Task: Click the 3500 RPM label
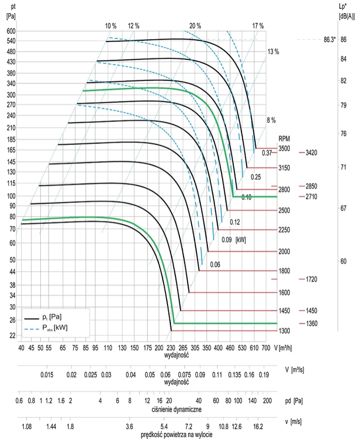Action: pyautogui.click(x=285, y=148)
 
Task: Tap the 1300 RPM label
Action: pyautogui.click(x=285, y=331)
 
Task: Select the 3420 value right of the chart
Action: pyautogui.click(x=311, y=153)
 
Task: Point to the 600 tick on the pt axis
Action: pyautogui.click(x=11, y=30)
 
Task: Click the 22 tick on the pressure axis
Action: pyautogui.click(x=12, y=335)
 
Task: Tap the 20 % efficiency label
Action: pyautogui.click(x=195, y=26)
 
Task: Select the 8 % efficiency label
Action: pyautogui.click(x=272, y=120)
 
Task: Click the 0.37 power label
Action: pyautogui.click(x=267, y=153)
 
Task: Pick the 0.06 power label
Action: pyautogui.click(x=215, y=265)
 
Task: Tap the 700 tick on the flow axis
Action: pyautogui.click(x=266, y=348)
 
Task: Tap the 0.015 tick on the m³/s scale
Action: pyautogui.click(x=48, y=375)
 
